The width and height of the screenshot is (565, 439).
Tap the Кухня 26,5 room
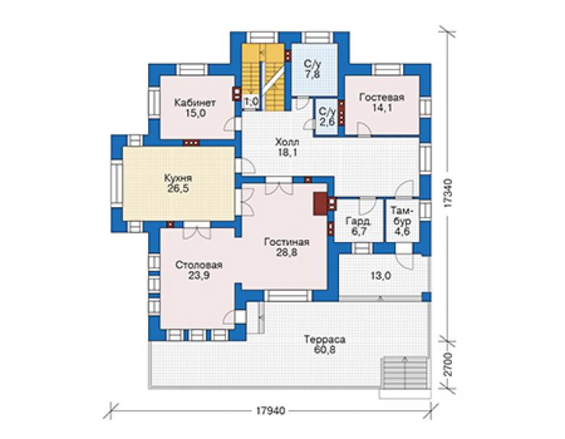tap(178, 183)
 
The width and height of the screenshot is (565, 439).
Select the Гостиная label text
tap(286, 242)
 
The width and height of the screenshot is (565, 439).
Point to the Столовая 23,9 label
tap(199, 270)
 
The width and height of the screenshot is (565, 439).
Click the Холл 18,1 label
tap(287, 147)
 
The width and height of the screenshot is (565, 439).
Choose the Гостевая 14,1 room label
tap(382, 102)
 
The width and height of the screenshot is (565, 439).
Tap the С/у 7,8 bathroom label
tap(312, 69)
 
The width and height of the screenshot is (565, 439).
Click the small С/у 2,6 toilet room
tap(327, 117)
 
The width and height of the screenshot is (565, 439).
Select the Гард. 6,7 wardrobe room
tap(359, 220)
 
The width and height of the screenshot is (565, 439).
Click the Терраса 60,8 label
tap(324, 344)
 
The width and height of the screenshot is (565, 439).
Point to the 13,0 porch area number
tap(381, 276)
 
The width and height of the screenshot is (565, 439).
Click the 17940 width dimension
tap(270, 411)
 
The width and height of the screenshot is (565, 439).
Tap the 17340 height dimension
tap(447, 193)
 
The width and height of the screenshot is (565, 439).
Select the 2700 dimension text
tap(447, 365)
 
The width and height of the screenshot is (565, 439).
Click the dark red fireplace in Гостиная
tap(321, 204)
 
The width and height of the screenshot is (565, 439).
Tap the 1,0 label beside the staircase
tap(251, 102)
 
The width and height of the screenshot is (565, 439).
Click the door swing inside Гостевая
tap(363, 129)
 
